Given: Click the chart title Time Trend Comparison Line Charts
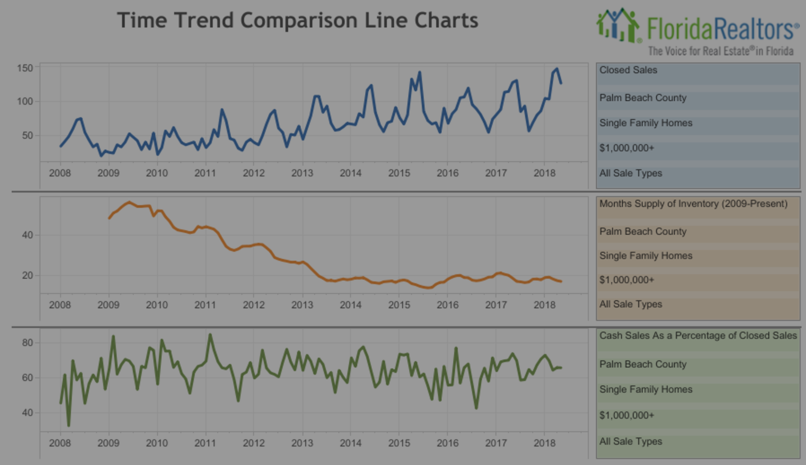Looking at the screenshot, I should (x=297, y=21).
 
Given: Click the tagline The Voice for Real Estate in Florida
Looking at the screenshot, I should (x=720, y=51).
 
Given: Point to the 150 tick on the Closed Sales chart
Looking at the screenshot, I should (x=25, y=68).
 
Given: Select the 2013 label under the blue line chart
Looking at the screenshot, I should (x=302, y=173).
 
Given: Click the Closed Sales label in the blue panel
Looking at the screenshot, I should (x=628, y=70).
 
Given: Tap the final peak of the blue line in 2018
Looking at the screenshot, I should (x=557, y=69).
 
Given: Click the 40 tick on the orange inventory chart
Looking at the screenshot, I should (x=27, y=235).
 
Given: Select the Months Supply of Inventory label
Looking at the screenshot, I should (x=693, y=204).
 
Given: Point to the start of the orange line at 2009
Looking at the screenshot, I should (x=109, y=218).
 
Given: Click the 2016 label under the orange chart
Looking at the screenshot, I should (x=447, y=305).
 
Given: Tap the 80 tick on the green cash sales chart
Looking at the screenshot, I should (x=27, y=343).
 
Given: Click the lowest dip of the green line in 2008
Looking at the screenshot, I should (x=69, y=425).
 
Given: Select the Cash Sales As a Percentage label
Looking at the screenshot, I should (x=698, y=336).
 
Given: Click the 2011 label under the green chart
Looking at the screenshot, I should (x=205, y=443).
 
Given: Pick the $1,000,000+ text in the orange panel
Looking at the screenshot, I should (x=627, y=280).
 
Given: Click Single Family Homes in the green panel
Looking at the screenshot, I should (x=645, y=389).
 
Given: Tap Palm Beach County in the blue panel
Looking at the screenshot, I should (x=643, y=98).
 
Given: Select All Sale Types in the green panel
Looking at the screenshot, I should (x=631, y=441).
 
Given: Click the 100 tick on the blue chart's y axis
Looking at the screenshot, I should (x=25, y=102).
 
